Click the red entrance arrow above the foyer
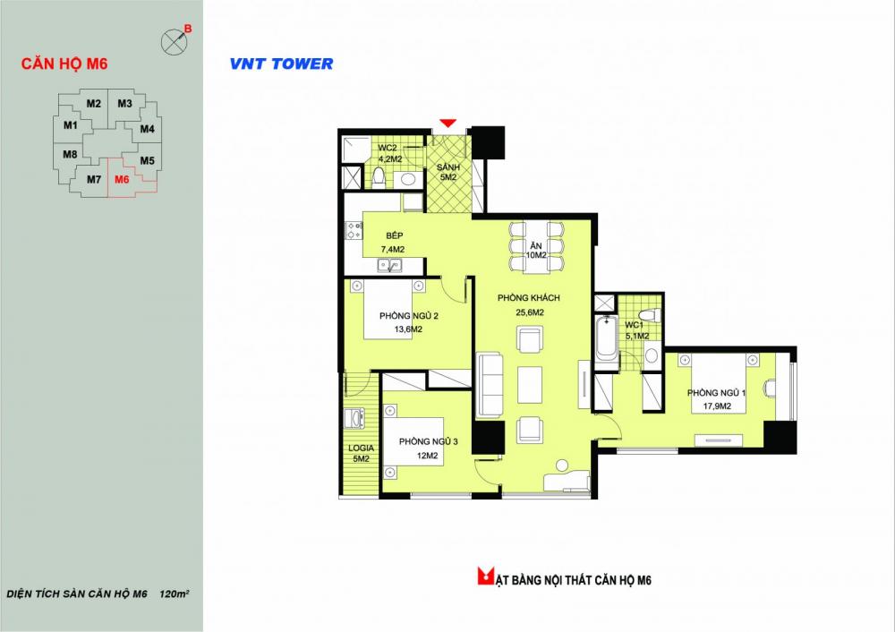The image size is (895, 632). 448,123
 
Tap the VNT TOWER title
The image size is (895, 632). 281,64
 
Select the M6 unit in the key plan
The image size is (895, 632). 122,179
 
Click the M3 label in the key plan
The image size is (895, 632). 125,103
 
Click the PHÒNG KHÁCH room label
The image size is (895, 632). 529,297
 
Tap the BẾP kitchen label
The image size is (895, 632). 394,235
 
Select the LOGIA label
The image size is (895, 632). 361,448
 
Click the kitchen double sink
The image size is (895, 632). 390,266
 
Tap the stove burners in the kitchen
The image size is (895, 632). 354,230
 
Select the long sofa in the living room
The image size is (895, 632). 490,385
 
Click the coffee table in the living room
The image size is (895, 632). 530,385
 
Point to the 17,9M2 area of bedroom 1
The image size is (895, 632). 717,406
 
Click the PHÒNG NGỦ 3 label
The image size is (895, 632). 428,441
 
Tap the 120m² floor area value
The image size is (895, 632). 175,594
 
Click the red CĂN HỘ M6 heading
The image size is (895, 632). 64,64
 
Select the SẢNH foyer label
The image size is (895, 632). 448,167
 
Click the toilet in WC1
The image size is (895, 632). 650,315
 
